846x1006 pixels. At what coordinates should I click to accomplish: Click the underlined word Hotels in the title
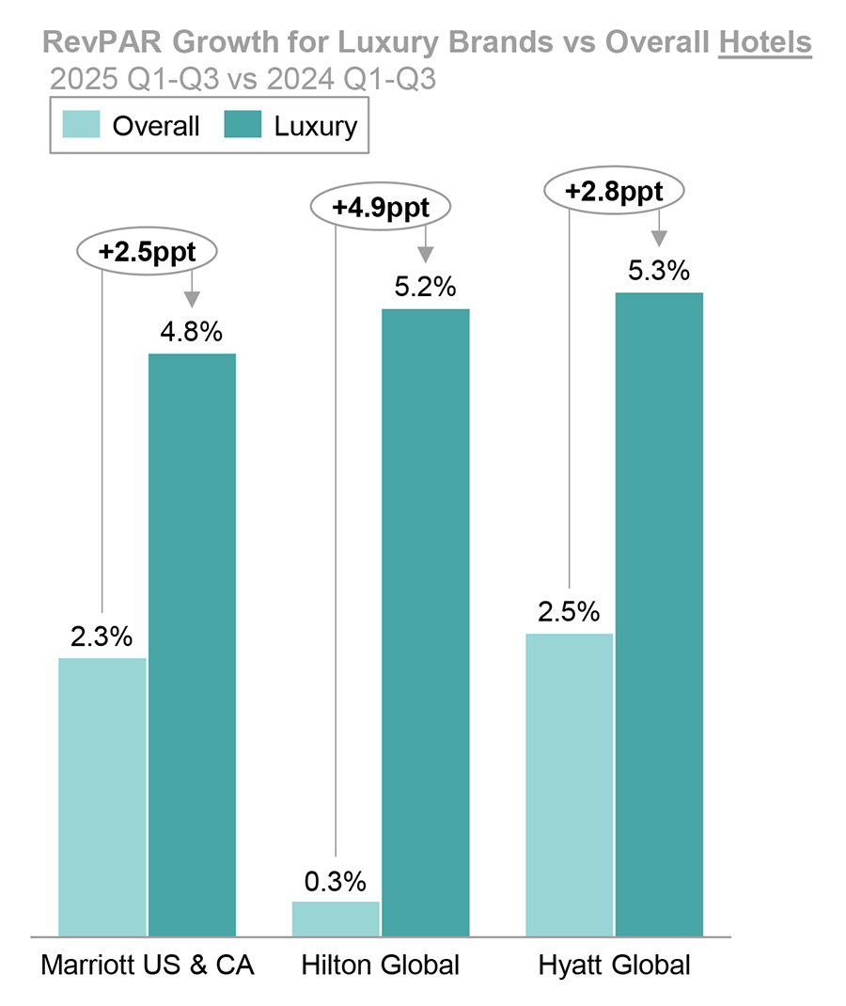(x=764, y=43)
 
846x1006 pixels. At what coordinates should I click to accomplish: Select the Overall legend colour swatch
(x=82, y=125)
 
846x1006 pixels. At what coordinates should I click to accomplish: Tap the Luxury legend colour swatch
(x=243, y=125)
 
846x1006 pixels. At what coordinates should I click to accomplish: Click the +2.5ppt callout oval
(x=147, y=251)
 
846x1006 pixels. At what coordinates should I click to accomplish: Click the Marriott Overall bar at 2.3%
(x=102, y=796)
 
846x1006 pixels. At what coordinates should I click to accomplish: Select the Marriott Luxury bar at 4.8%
(x=193, y=644)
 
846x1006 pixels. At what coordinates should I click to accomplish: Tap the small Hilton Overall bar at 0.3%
(x=336, y=919)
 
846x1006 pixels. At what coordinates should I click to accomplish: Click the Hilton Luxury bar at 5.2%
(x=426, y=621)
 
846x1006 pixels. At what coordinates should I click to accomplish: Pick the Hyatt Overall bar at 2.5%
(x=569, y=784)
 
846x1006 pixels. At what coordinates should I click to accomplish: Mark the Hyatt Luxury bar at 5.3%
(x=659, y=614)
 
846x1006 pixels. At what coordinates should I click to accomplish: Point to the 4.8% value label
(x=192, y=332)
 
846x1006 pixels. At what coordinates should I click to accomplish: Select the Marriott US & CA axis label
(x=148, y=966)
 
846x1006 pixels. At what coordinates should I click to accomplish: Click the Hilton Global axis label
(x=380, y=966)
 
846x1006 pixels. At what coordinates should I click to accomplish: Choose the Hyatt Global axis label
(x=614, y=966)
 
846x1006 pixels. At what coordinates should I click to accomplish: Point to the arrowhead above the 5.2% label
(x=426, y=254)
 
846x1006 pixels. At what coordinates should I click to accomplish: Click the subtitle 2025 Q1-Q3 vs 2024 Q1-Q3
(x=243, y=79)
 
